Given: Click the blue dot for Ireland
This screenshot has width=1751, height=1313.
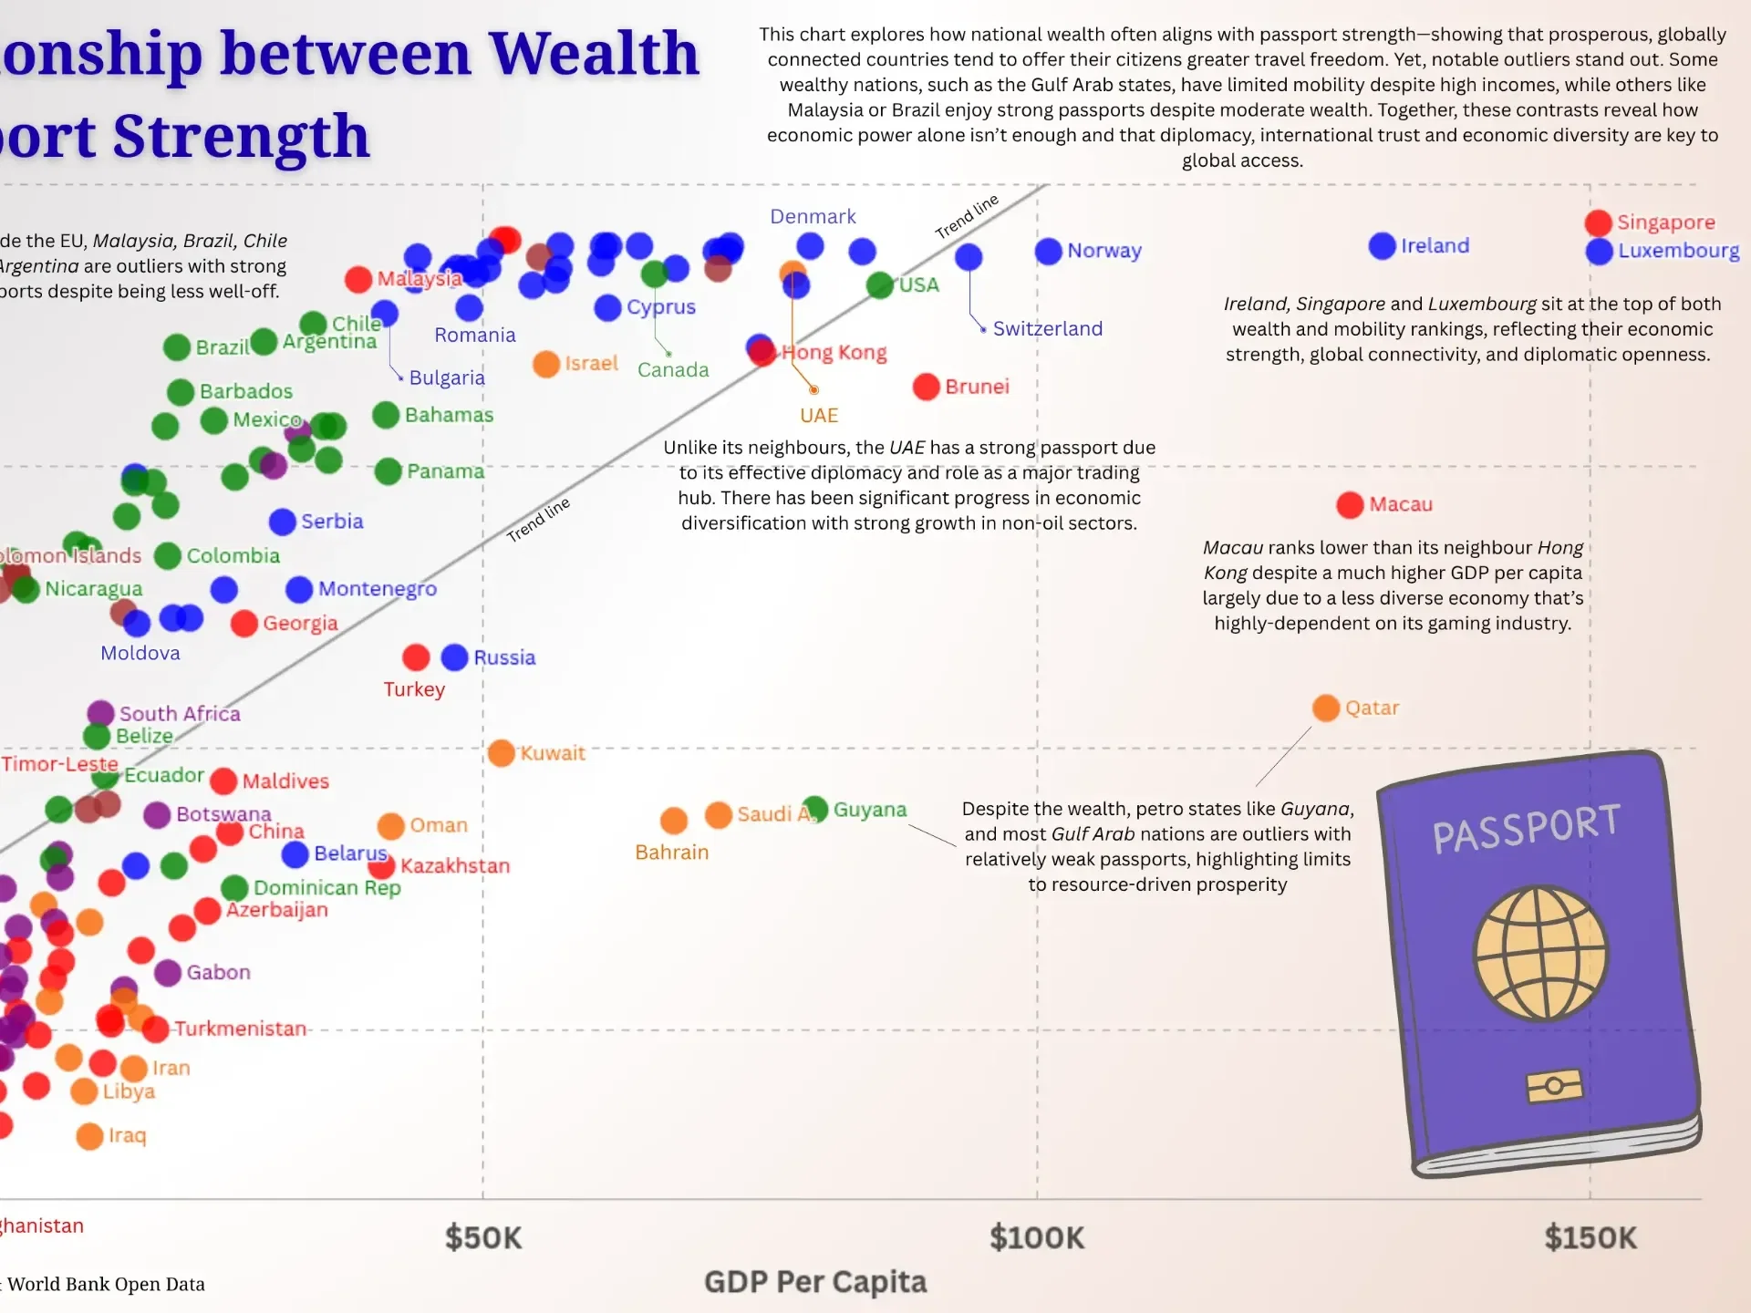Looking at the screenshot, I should click(x=1382, y=245).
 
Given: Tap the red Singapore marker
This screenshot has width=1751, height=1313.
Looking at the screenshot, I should click(x=1598, y=222).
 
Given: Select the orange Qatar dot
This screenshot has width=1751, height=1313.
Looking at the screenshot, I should click(x=1325, y=708).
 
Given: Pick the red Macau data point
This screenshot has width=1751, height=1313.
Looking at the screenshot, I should click(x=1349, y=504).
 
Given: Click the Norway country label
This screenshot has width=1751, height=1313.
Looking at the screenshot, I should click(x=1103, y=251).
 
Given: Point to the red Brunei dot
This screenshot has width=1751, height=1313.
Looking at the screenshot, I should click(x=926, y=387).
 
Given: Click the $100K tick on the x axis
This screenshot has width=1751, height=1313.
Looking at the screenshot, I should click(x=1037, y=1237).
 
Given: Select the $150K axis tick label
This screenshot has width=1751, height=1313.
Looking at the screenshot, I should click(x=1590, y=1237).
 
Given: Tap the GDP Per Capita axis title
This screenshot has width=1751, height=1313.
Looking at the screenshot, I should click(x=814, y=1282).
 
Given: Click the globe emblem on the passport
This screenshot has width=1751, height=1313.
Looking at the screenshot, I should click(x=1540, y=953).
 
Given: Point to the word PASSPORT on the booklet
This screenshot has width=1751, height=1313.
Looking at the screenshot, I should click(x=1526, y=828).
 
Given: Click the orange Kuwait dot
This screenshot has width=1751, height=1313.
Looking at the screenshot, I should click(x=501, y=753).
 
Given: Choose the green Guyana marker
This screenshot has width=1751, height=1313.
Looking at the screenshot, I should click(x=814, y=809).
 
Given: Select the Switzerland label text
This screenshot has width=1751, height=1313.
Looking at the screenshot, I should click(x=1047, y=329).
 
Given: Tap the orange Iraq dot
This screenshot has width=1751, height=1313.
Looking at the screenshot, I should click(x=89, y=1136).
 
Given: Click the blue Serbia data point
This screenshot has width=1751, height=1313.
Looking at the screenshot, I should click(x=282, y=522).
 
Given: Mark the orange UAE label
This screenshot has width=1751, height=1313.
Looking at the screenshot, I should click(x=818, y=416).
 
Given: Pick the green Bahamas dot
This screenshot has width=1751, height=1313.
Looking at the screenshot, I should click(x=386, y=415).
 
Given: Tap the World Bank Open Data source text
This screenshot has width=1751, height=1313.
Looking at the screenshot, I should click(x=106, y=1285).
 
